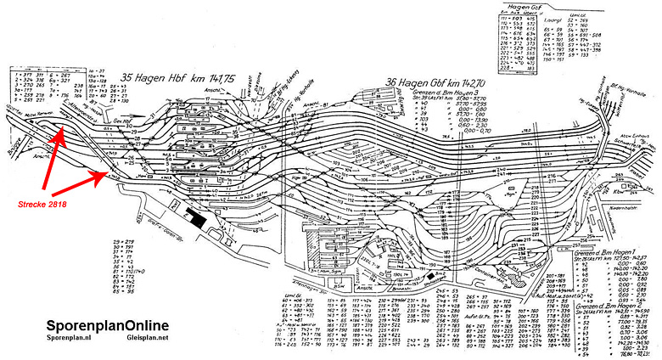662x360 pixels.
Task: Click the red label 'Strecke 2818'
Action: tap(42, 203)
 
